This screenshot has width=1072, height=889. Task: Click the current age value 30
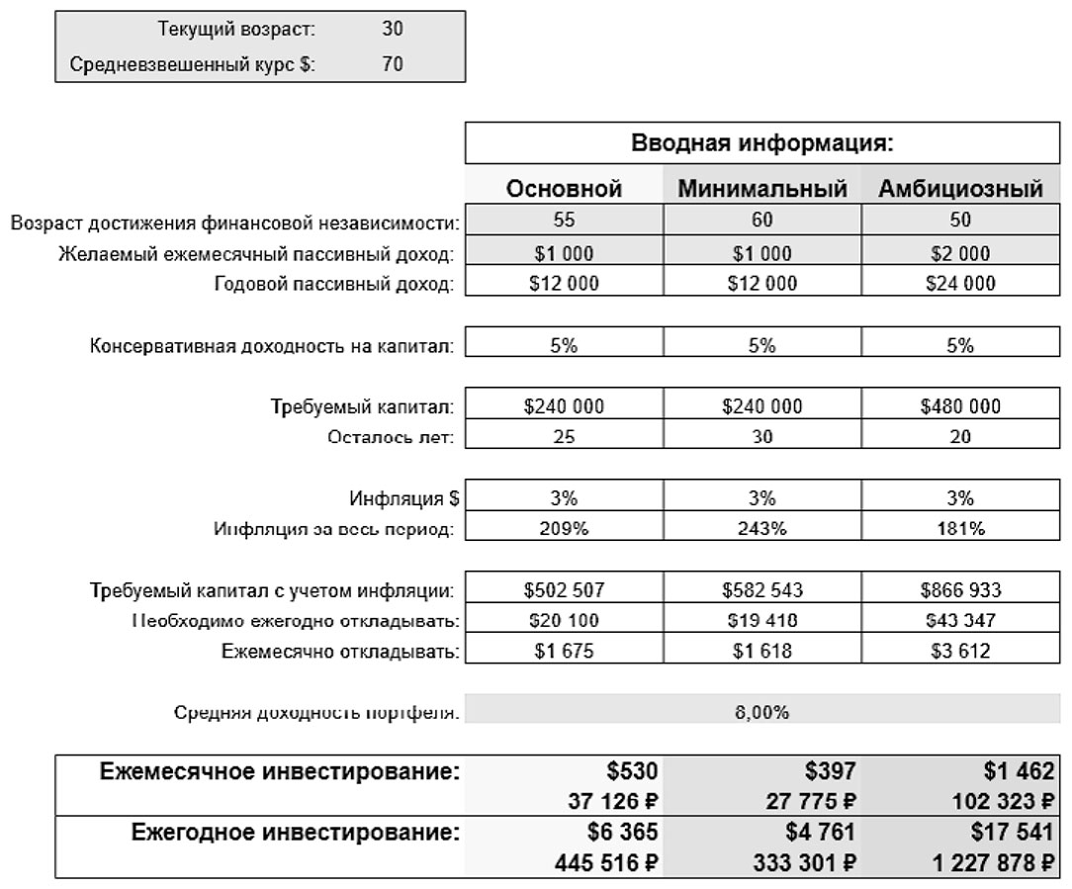coord(393,30)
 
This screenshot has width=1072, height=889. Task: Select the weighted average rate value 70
coord(393,66)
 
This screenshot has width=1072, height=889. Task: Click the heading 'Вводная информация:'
coord(762,142)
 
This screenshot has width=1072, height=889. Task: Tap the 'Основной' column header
coord(564,189)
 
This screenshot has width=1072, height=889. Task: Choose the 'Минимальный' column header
coord(762,189)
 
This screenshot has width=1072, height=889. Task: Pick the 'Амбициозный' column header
coord(961,189)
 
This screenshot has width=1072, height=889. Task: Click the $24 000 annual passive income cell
coord(960,284)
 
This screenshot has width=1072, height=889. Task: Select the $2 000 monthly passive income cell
coord(960,253)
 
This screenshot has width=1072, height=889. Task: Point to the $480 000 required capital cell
coord(960,405)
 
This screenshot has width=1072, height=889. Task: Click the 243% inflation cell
coord(761,528)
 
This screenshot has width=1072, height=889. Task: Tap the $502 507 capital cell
coord(564,590)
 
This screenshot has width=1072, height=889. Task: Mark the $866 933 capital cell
coord(960,590)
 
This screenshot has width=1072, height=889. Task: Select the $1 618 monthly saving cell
coord(761,652)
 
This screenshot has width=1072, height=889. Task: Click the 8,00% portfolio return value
coord(761,712)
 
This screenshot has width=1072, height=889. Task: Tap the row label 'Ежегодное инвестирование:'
coord(296,833)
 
